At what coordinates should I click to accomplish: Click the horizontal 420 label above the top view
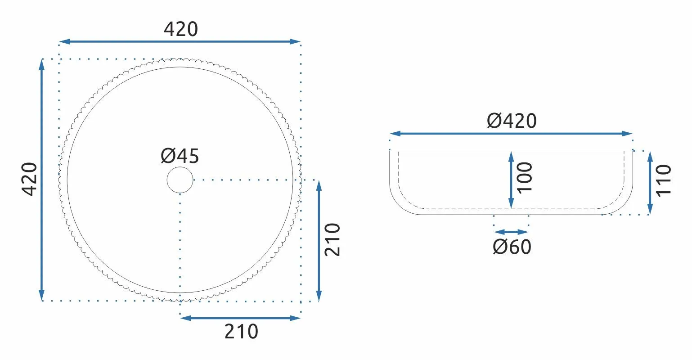coord(180,29)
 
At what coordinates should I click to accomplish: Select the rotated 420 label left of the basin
coord(30,179)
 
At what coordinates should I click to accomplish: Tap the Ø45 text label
coord(180,156)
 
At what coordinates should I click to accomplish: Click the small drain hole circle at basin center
coord(180,180)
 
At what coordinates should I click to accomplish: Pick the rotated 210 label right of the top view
coord(333,239)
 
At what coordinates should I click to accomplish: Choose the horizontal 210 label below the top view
coord(241,332)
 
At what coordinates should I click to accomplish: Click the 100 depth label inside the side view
coord(525,177)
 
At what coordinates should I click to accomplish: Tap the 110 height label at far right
coord(664,180)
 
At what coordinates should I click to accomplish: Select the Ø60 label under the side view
coord(512,247)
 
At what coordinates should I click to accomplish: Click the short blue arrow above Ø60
coord(511,232)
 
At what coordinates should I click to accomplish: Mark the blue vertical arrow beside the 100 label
coord(511,180)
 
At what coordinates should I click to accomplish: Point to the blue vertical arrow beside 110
coord(650,183)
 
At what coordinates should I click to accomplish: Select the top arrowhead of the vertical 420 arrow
coord(42,63)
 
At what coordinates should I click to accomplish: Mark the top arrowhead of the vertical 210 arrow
coord(319,184)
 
